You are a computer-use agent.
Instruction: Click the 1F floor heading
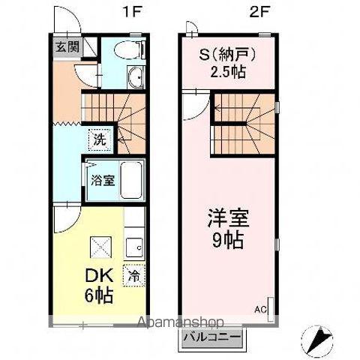(132, 12)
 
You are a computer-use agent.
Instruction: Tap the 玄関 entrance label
(67, 46)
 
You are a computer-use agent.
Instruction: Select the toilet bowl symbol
(129, 49)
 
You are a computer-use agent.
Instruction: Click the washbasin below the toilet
(136, 77)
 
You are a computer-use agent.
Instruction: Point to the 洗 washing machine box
(100, 139)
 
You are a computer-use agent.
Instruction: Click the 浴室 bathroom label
(103, 180)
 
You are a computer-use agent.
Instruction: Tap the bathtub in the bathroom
(132, 180)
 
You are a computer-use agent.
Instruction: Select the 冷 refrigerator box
(134, 275)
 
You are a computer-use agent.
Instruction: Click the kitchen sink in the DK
(134, 247)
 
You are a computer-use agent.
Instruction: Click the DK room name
(99, 276)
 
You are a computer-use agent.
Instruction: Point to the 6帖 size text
(98, 295)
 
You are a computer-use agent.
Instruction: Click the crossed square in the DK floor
(100, 247)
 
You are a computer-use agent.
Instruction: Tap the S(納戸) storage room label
(227, 55)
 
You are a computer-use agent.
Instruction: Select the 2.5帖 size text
(227, 72)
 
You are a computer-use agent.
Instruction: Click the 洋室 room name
(228, 218)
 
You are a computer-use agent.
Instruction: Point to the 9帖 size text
(228, 241)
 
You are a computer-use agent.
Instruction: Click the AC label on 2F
(260, 310)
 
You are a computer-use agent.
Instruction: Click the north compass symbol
(317, 340)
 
